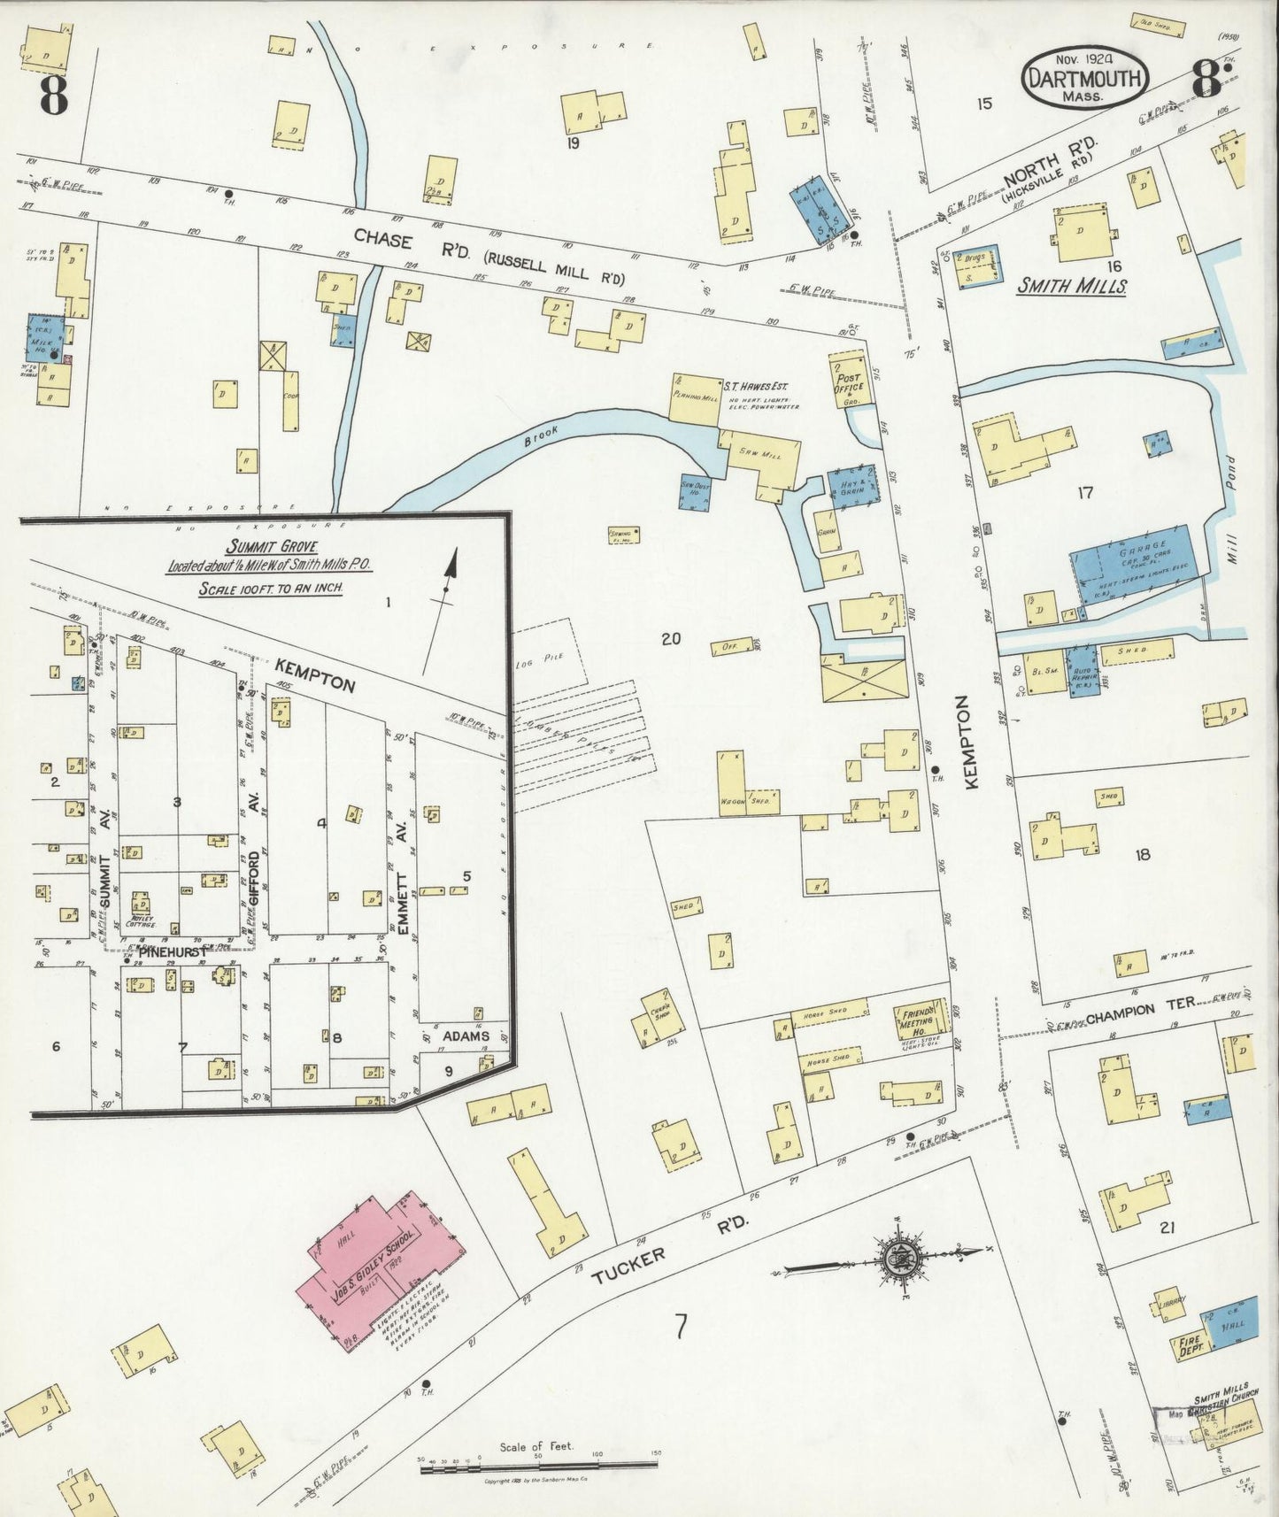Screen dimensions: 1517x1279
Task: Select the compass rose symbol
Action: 896,1257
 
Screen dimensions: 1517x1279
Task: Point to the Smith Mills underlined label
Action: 1071,286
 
